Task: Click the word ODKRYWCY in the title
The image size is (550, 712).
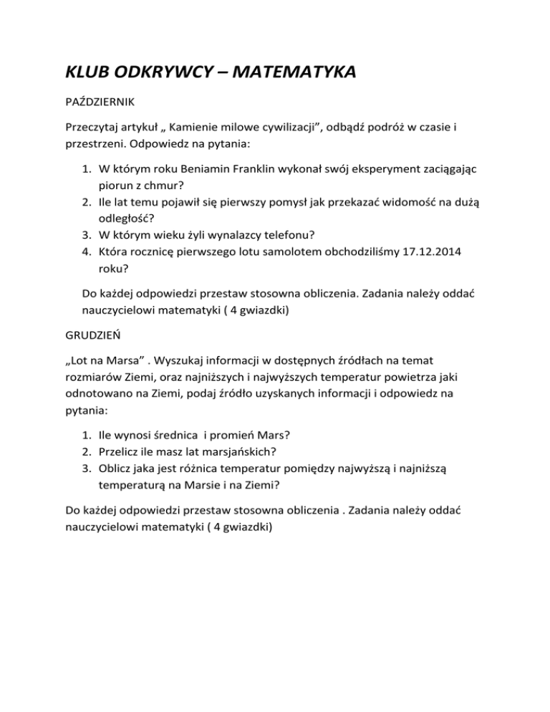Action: [161, 72]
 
